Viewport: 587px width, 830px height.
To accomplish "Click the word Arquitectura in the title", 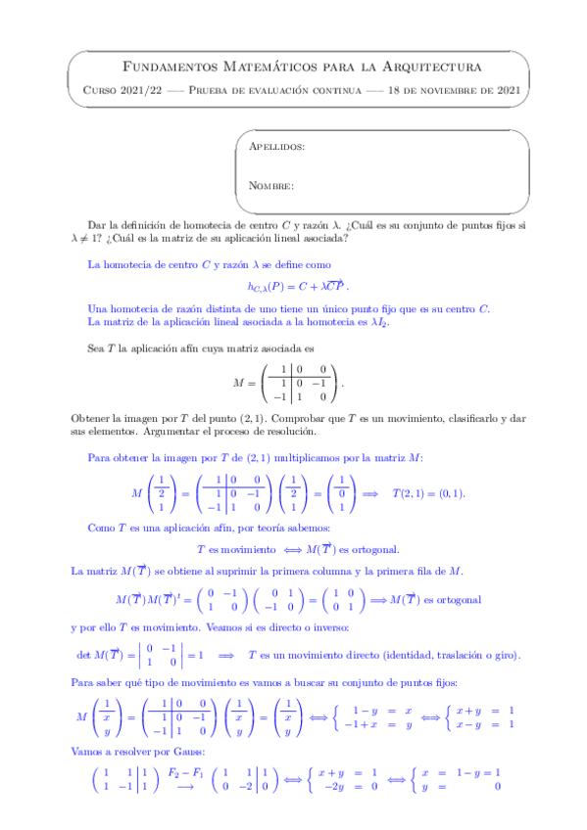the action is coord(426,67).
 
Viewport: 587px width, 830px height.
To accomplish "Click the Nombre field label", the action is coord(271,185).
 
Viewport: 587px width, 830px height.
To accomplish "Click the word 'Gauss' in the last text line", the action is coord(183,751).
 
